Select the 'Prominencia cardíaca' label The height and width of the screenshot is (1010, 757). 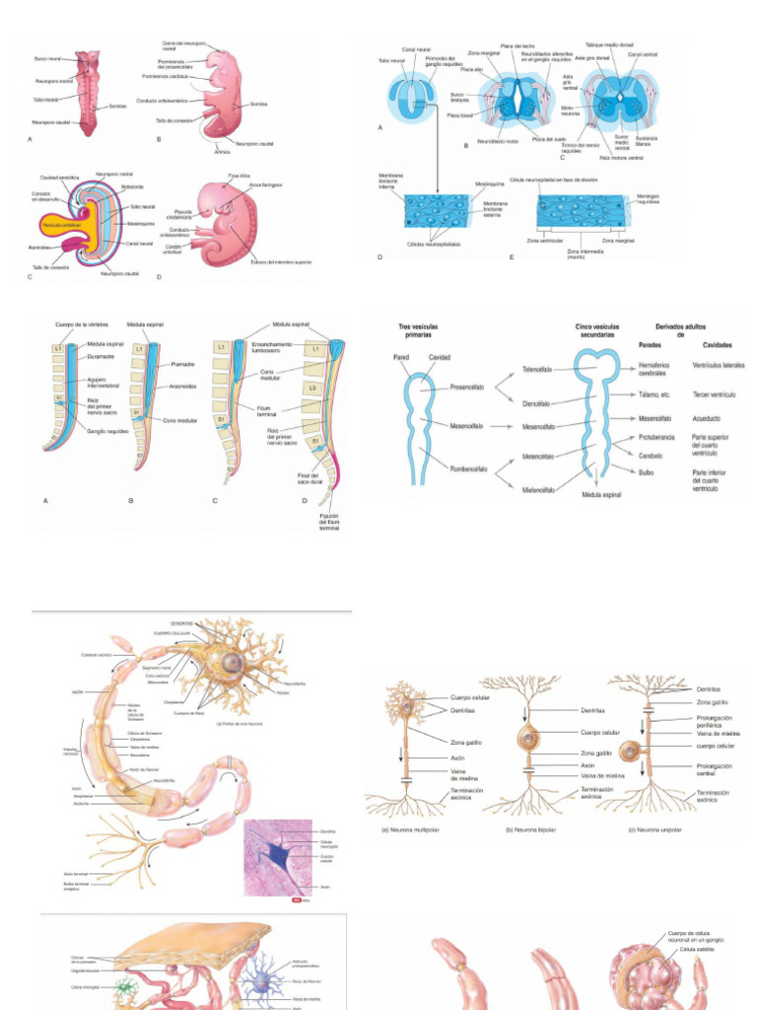[x=165, y=76]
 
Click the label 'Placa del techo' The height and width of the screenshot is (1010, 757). [x=516, y=46]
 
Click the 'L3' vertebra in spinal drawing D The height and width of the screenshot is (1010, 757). [x=314, y=388]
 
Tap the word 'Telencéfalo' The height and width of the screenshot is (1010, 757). [x=536, y=369]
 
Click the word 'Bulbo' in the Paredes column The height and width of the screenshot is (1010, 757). [x=646, y=472]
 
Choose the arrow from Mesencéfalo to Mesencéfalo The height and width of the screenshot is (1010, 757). [x=505, y=428]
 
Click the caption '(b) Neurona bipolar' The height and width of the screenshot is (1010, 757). [x=530, y=830]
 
